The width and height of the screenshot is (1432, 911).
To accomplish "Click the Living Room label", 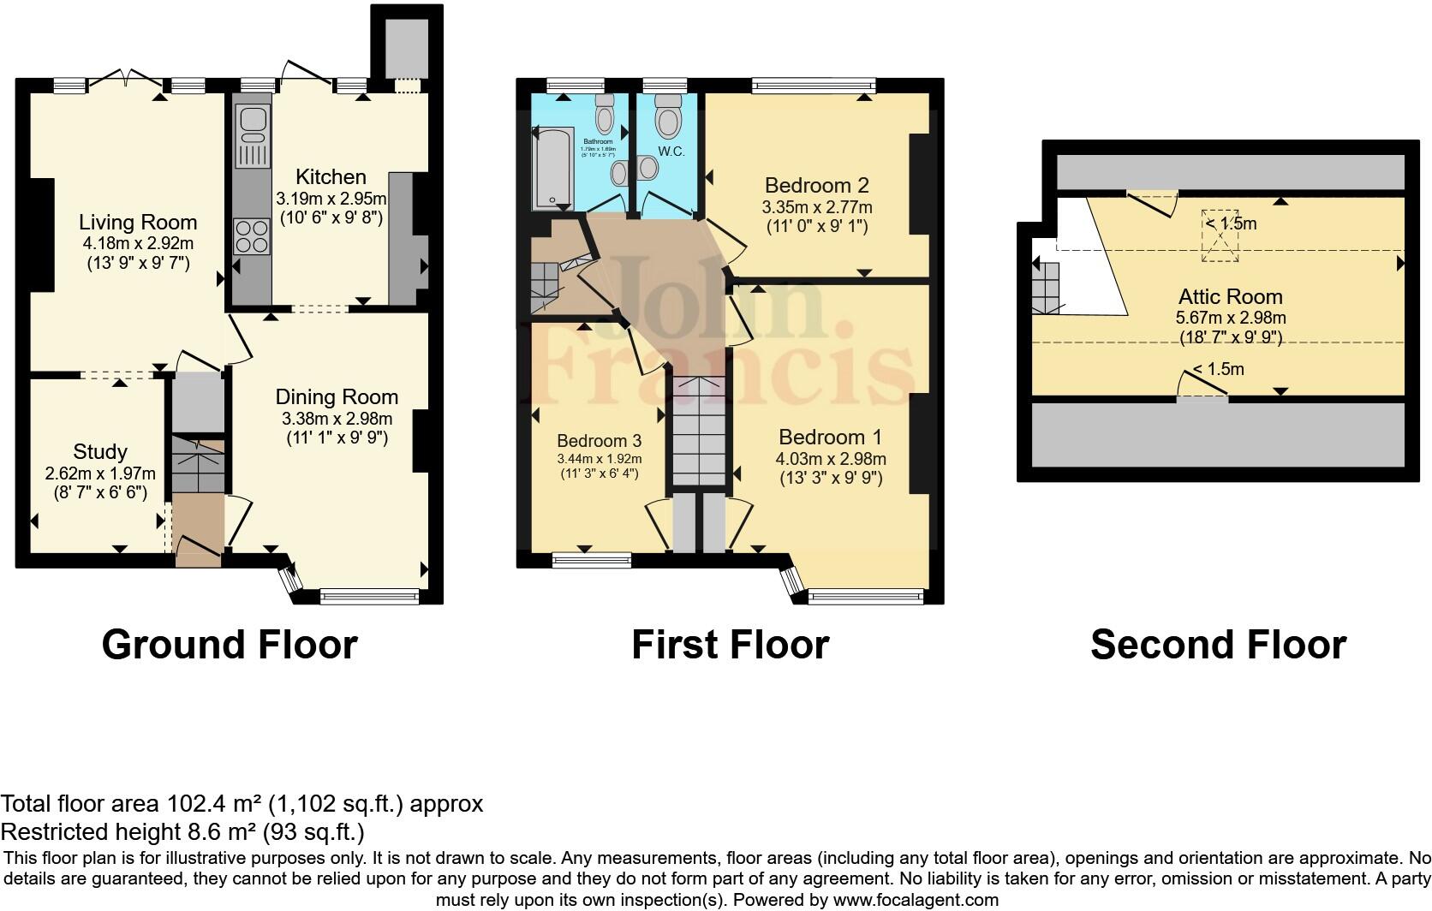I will pos(138,223).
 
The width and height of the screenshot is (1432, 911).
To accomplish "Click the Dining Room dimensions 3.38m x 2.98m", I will pos(337,419).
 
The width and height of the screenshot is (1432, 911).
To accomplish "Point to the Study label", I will pos(100,452).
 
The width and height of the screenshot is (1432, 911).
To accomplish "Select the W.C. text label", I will pos(671,152).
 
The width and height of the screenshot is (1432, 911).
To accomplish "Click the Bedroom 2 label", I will pos(816,185).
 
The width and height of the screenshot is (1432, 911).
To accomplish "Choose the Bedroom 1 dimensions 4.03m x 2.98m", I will pos(830,459).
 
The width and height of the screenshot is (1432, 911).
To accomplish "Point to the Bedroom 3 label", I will pos(599,441).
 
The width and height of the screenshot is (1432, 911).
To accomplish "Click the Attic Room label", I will pos(1230,297).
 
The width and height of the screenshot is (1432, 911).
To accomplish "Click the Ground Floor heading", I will pos(230,644).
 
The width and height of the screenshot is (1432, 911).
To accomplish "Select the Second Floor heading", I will pos(1218,644).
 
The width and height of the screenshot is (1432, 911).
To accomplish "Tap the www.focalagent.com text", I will pos(914,900).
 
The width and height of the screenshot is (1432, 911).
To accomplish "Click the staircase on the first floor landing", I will pos(699,432).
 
